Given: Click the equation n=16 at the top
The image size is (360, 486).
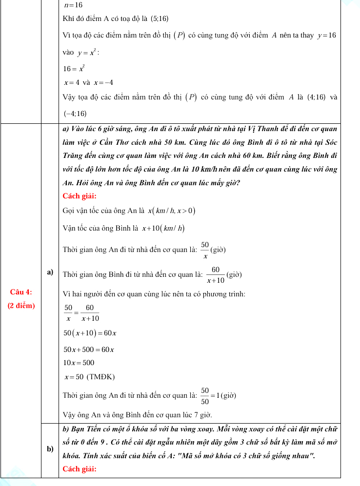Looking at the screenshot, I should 73,5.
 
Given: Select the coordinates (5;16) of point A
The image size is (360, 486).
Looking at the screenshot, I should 160,19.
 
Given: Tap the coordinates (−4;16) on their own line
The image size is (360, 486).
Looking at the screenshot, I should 75,114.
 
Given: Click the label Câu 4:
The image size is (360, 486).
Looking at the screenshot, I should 21,292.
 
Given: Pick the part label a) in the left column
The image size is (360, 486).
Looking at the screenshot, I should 50,272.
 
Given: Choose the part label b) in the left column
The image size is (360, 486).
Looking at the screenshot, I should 50,449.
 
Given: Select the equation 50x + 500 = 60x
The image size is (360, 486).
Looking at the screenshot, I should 89,350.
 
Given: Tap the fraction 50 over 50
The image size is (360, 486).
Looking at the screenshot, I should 205,396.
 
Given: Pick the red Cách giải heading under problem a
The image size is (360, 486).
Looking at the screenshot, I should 80,196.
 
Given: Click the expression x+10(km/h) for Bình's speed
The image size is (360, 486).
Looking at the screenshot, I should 163,228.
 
